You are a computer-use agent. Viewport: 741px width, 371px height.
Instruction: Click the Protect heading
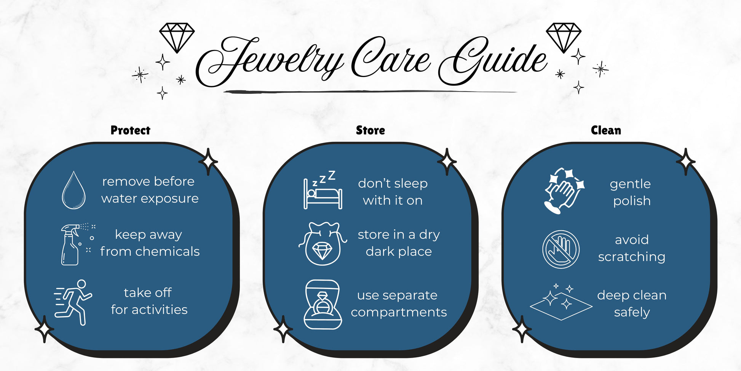coord(130,130)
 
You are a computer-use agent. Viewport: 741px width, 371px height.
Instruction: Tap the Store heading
coord(370,130)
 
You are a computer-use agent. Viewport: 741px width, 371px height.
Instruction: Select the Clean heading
coord(606,130)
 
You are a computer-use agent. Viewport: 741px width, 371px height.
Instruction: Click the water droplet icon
coord(73,190)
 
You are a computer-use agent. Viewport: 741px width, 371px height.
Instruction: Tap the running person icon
coord(73,302)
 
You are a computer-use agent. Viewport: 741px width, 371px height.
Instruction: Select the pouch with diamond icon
coord(323,244)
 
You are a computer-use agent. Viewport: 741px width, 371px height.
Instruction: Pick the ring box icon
coord(323,305)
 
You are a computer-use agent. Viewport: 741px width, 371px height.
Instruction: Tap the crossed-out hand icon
coord(561,249)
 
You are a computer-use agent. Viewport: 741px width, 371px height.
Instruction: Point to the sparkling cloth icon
coord(561,302)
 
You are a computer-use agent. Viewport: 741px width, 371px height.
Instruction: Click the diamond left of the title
coord(177,37)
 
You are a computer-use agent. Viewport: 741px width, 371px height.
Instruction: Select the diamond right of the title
coord(564,37)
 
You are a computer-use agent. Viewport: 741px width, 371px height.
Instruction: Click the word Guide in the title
coord(493,61)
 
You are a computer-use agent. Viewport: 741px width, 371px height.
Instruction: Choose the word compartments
coord(399,313)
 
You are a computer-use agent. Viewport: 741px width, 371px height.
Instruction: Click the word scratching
coord(632,257)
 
